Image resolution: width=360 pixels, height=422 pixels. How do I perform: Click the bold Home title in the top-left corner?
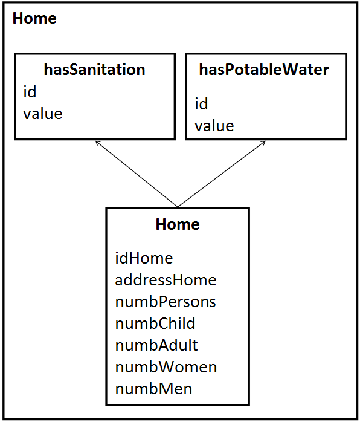tap(34, 18)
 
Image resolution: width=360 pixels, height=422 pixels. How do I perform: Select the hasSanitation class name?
tap(95, 70)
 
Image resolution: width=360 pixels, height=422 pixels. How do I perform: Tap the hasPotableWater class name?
tap(264, 70)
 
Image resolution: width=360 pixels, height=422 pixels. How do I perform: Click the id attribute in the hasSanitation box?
tap(30, 92)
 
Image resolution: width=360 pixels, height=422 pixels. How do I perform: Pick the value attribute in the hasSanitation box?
tap(43, 113)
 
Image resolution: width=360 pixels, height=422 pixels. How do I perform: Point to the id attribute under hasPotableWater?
tap(201, 104)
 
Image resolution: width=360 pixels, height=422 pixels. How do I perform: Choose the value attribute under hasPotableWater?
tap(214, 126)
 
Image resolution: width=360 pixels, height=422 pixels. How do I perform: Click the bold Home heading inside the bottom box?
tap(178, 224)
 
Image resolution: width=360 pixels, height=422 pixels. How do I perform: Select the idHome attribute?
tap(144, 258)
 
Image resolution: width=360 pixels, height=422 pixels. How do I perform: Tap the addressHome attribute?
tap(166, 280)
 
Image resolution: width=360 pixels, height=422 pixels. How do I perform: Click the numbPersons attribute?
tap(166, 301)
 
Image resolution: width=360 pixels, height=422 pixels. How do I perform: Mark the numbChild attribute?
tap(155, 323)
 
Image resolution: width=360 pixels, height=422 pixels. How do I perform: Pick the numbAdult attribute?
tap(156, 345)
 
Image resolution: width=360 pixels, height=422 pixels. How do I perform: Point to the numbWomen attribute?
tap(166, 366)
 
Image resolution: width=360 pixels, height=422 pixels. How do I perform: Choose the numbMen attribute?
tap(153, 388)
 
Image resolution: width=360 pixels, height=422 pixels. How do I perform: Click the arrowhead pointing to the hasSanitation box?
tap(97, 143)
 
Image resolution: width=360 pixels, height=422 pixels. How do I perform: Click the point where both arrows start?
tap(178, 207)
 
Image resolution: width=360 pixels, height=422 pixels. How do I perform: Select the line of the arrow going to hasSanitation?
tap(136, 174)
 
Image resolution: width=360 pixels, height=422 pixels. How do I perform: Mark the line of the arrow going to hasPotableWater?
tap(220, 175)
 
